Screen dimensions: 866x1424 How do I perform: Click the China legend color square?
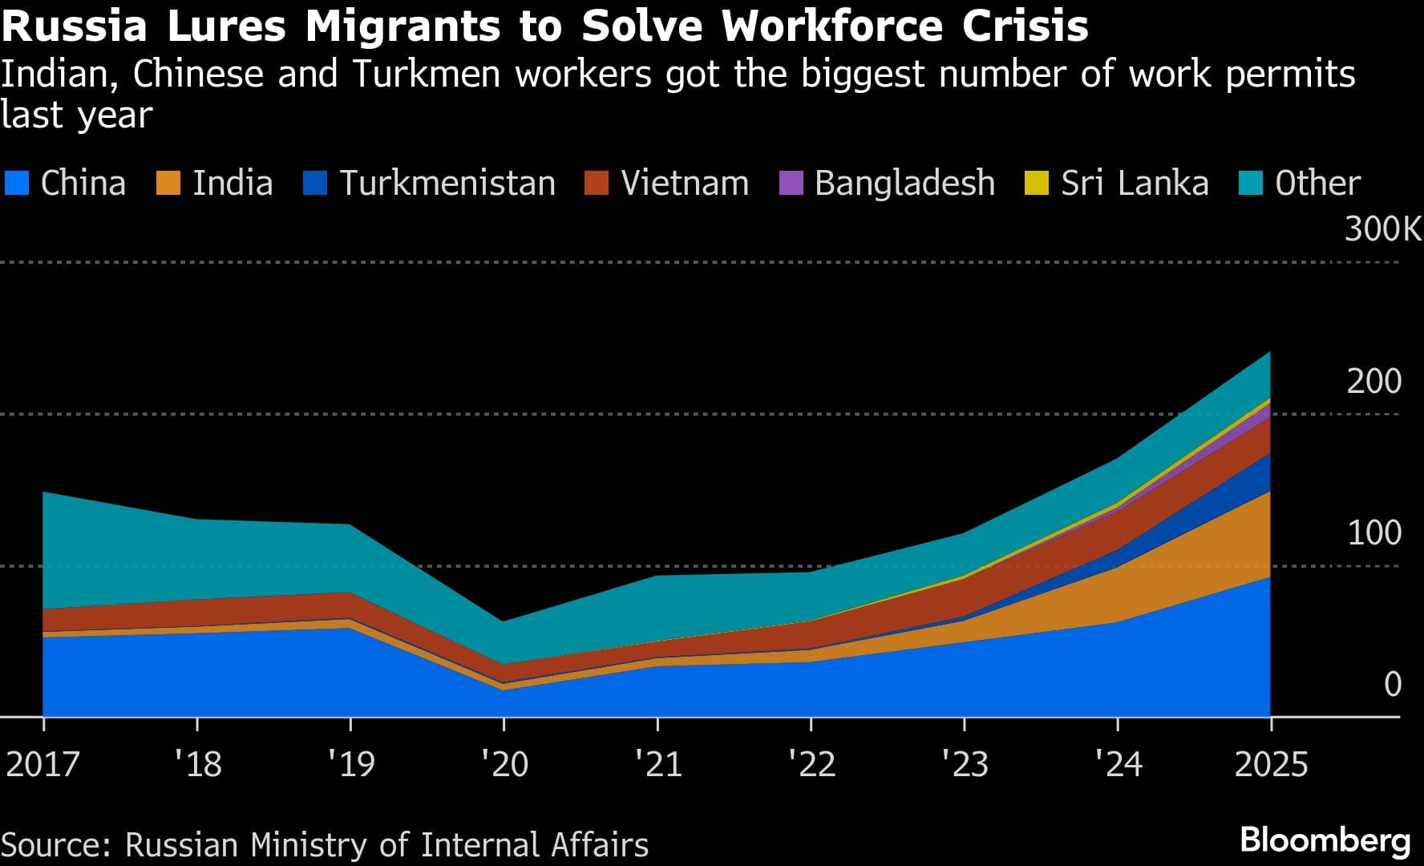coord(17,183)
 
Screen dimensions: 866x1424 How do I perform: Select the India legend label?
coord(233,184)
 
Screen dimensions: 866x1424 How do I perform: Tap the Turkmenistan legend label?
coord(447,184)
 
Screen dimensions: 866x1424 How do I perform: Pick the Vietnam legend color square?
coord(597,183)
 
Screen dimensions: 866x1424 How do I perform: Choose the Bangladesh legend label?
coord(904,184)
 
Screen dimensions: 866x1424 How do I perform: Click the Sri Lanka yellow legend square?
coord(1037,183)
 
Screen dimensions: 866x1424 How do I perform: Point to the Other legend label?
coord(1317,184)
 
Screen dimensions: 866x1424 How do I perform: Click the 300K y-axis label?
coord(1382,229)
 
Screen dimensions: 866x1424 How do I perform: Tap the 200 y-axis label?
coord(1373,381)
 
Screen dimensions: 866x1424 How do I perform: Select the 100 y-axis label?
coord(1373,533)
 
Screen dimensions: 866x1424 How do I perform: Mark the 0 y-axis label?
coord(1393,685)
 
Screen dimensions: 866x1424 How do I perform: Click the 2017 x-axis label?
coord(42,763)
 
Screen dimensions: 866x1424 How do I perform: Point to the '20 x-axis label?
coord(504,763)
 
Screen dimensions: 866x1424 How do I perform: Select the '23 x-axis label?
coord(964,763)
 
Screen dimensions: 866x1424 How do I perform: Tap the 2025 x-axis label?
coord(1271,763)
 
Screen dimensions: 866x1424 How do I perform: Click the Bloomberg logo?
coord(1325,840)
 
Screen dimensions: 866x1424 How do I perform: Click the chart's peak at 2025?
coord(1270,352)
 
